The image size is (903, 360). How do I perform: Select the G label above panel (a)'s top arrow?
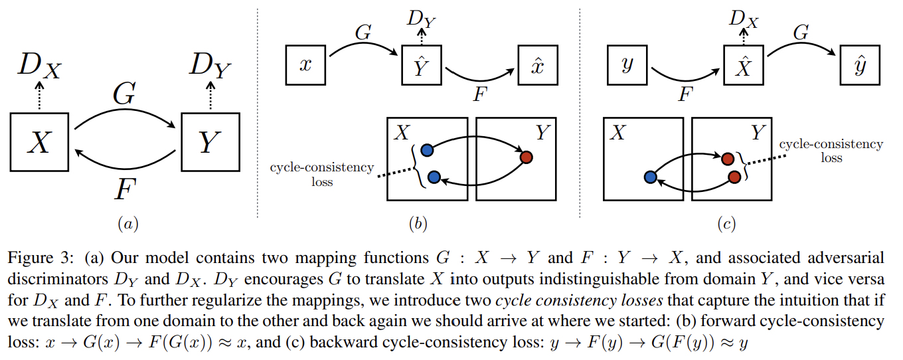(x=124, y=95)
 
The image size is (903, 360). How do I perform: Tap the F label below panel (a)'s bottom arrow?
(x=123, y=191)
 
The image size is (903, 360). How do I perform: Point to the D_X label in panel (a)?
(x=38, y=66)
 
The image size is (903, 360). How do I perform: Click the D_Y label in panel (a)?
(x=210, y=66)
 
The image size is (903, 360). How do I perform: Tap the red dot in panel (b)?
(x=527, y=157)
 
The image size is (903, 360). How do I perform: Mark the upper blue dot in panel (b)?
(x=427, y=149)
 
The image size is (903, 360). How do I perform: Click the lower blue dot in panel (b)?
(x=434, y=177)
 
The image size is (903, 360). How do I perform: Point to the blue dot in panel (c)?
(x=651, y=177)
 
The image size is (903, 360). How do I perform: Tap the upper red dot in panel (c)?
(x=728, y=159)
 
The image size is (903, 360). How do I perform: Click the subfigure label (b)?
(x=418, y=224)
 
